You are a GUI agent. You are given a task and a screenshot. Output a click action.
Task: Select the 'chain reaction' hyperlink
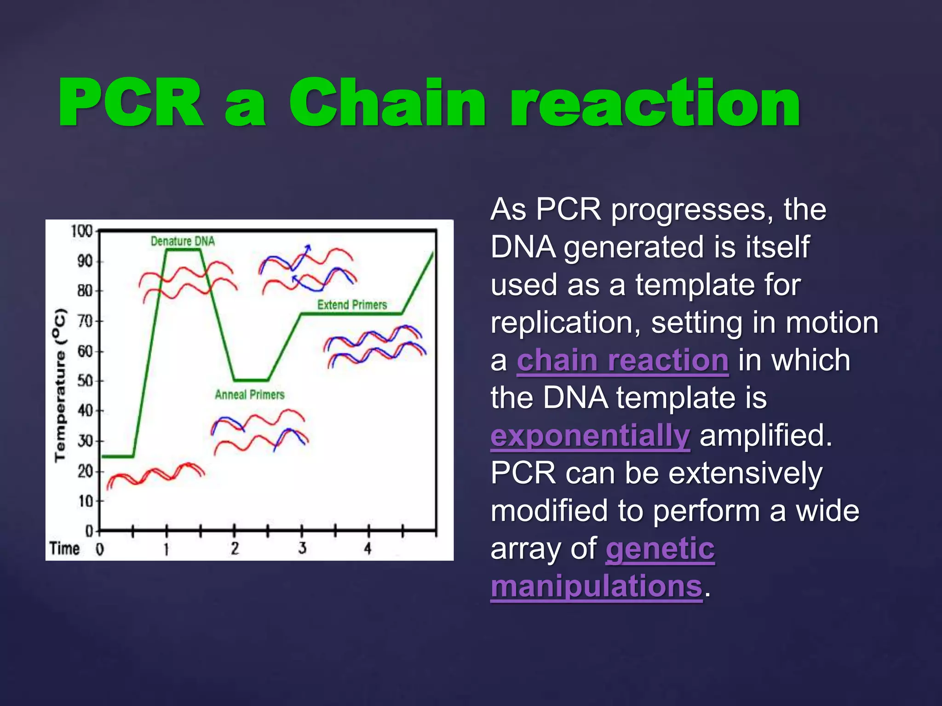point(622,360)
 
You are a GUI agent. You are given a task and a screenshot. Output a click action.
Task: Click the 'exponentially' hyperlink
point(590,436)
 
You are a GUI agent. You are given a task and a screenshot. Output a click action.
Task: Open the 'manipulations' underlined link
point(597,586)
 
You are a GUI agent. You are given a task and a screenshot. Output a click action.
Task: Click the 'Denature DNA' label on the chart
point(183,241)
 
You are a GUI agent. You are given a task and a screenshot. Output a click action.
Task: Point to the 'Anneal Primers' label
point(250,394)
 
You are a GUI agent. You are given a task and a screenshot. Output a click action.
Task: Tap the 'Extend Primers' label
point(352,305)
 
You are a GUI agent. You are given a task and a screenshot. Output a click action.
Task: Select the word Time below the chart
point(64,548)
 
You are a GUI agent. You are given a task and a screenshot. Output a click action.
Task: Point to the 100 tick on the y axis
point(82,231)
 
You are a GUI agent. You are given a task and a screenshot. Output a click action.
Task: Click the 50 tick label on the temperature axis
point(85,381)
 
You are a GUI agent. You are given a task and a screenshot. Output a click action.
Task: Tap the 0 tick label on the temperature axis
point(89,531)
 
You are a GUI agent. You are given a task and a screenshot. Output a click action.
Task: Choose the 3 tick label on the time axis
point(302,548)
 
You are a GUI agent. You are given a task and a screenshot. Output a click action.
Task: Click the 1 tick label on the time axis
point(167,549)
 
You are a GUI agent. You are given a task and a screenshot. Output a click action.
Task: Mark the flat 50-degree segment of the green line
point(251,380)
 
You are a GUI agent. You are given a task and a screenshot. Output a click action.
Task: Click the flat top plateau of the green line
point(184,250)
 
